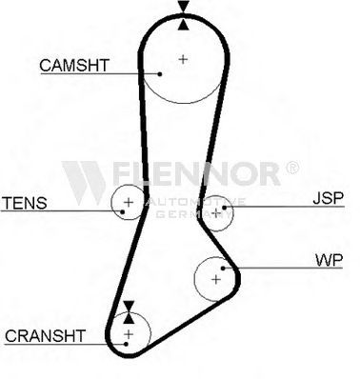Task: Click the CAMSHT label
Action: click(x=74, y=66)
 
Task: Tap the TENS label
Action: click(x=25, y=203)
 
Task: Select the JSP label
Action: click(x=329, y=198)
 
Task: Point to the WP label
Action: click(x=330, y=260)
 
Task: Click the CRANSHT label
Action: click(x=45, y=336)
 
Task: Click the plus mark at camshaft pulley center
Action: click(x=183, y=59)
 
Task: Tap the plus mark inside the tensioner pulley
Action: click(x=129, y=202)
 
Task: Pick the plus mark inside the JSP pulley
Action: click(x=216, y=212)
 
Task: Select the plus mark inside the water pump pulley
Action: click(x=216, y=279)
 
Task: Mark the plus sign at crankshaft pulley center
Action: click(x=129, y=334)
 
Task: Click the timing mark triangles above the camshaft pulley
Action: click(x=184, y=15)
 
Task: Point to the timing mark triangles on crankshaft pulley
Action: click(x=129, y=312)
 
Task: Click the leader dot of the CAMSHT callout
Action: click(x=160, y=74)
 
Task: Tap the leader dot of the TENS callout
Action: click(x=122, y=211)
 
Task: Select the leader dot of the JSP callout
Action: click(x=224, y=208)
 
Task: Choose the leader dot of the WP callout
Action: click(x=223, y=269)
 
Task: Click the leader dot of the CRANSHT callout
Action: click(x=126, y=344)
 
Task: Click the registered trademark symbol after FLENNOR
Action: click(x=292, y=168)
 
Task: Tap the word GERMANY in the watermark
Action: click(x=193, y=214)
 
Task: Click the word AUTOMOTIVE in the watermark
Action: click(x=195, y=202)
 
